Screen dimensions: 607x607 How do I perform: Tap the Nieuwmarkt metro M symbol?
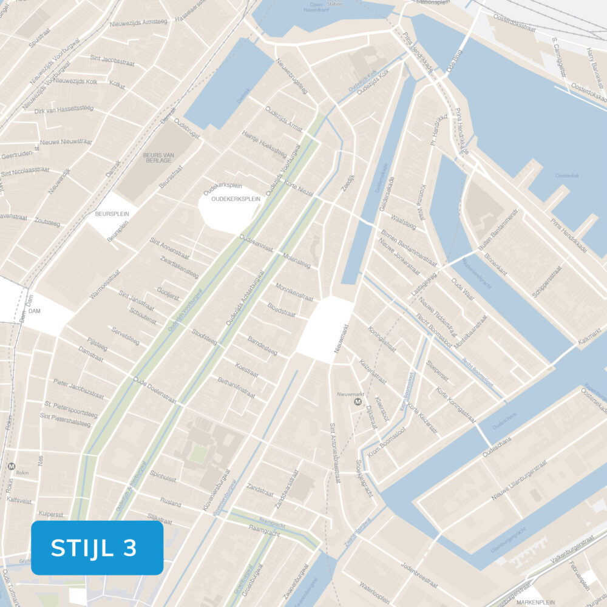(358, 402)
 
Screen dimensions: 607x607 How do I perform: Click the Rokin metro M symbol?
(12, 466)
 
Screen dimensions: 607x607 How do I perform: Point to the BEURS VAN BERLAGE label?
(158, 158)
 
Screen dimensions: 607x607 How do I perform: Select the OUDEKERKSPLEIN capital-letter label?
(236, 198)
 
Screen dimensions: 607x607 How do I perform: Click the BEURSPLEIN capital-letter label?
(109, 214)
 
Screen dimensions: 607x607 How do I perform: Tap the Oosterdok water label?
(568, 176)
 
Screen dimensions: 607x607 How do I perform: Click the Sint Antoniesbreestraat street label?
(333, 453)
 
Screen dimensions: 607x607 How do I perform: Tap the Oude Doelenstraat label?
(155, 391)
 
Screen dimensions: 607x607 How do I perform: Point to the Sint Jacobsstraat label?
(112, 60)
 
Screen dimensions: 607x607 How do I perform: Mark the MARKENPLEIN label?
(534, 602)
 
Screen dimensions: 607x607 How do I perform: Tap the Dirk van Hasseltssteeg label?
(64, 110)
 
